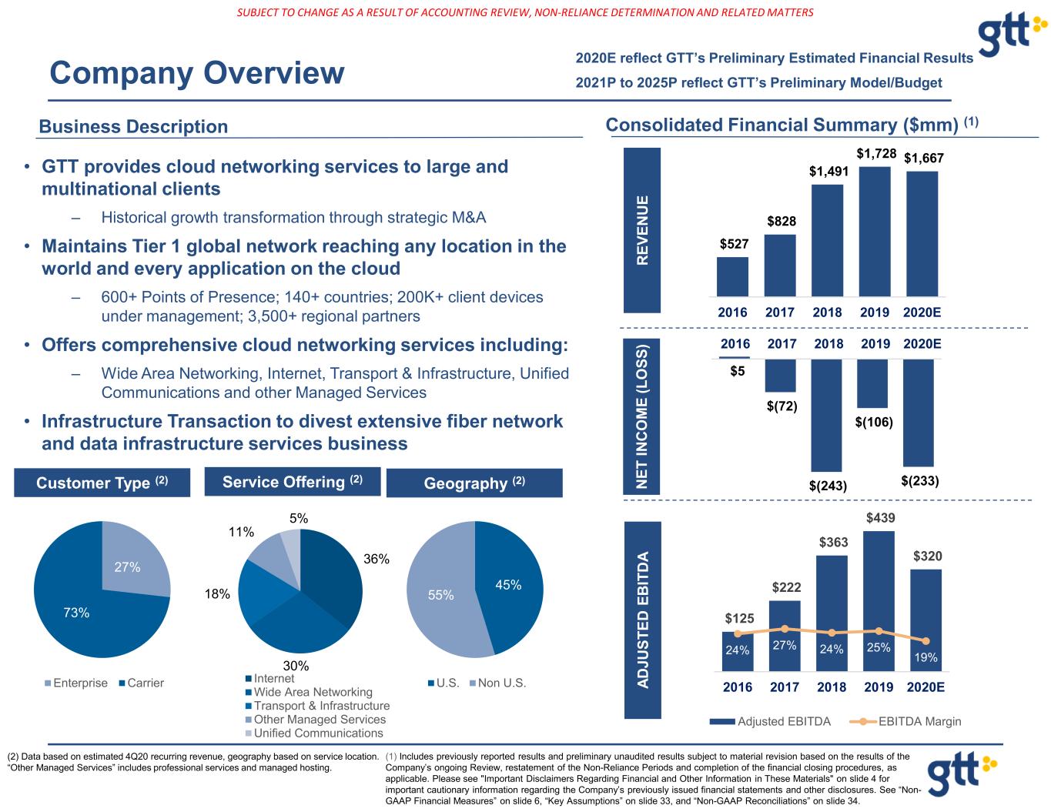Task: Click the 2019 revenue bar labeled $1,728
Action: coord(875,231)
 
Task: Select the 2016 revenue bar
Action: coord(732,276)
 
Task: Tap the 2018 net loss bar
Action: coord(826,415)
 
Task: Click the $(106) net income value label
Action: coord(874,422)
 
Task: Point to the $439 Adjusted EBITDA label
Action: coord(880,519)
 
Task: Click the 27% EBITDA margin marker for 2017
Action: coord(785,629)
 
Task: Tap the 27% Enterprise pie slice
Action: coord(131,562)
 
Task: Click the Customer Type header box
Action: coord(102,483)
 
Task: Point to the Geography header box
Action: coord(474,483)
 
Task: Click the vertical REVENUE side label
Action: coord(644,230)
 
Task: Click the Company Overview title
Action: coord(197,74)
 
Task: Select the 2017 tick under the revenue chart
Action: coord(780,312)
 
